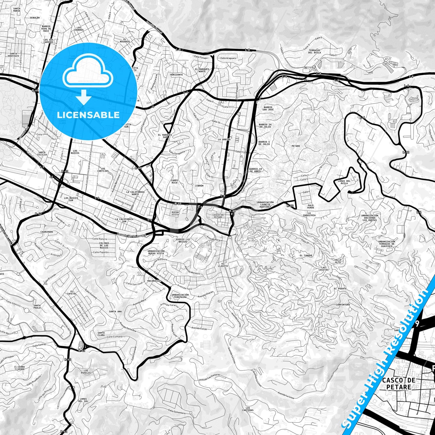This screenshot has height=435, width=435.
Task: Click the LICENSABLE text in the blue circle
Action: click(x=88, y=115)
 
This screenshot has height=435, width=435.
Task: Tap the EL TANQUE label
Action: click(x=306, y=255)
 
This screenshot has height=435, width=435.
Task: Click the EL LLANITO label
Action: click(x=223, y=265)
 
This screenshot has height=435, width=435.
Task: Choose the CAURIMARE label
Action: click(x=47, y=232)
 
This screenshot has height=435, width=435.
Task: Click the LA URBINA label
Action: click(x=224, y=140)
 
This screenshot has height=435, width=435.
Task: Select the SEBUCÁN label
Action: click(x=35, y=18)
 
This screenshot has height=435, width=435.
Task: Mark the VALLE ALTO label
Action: click(x=338, y=261)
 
